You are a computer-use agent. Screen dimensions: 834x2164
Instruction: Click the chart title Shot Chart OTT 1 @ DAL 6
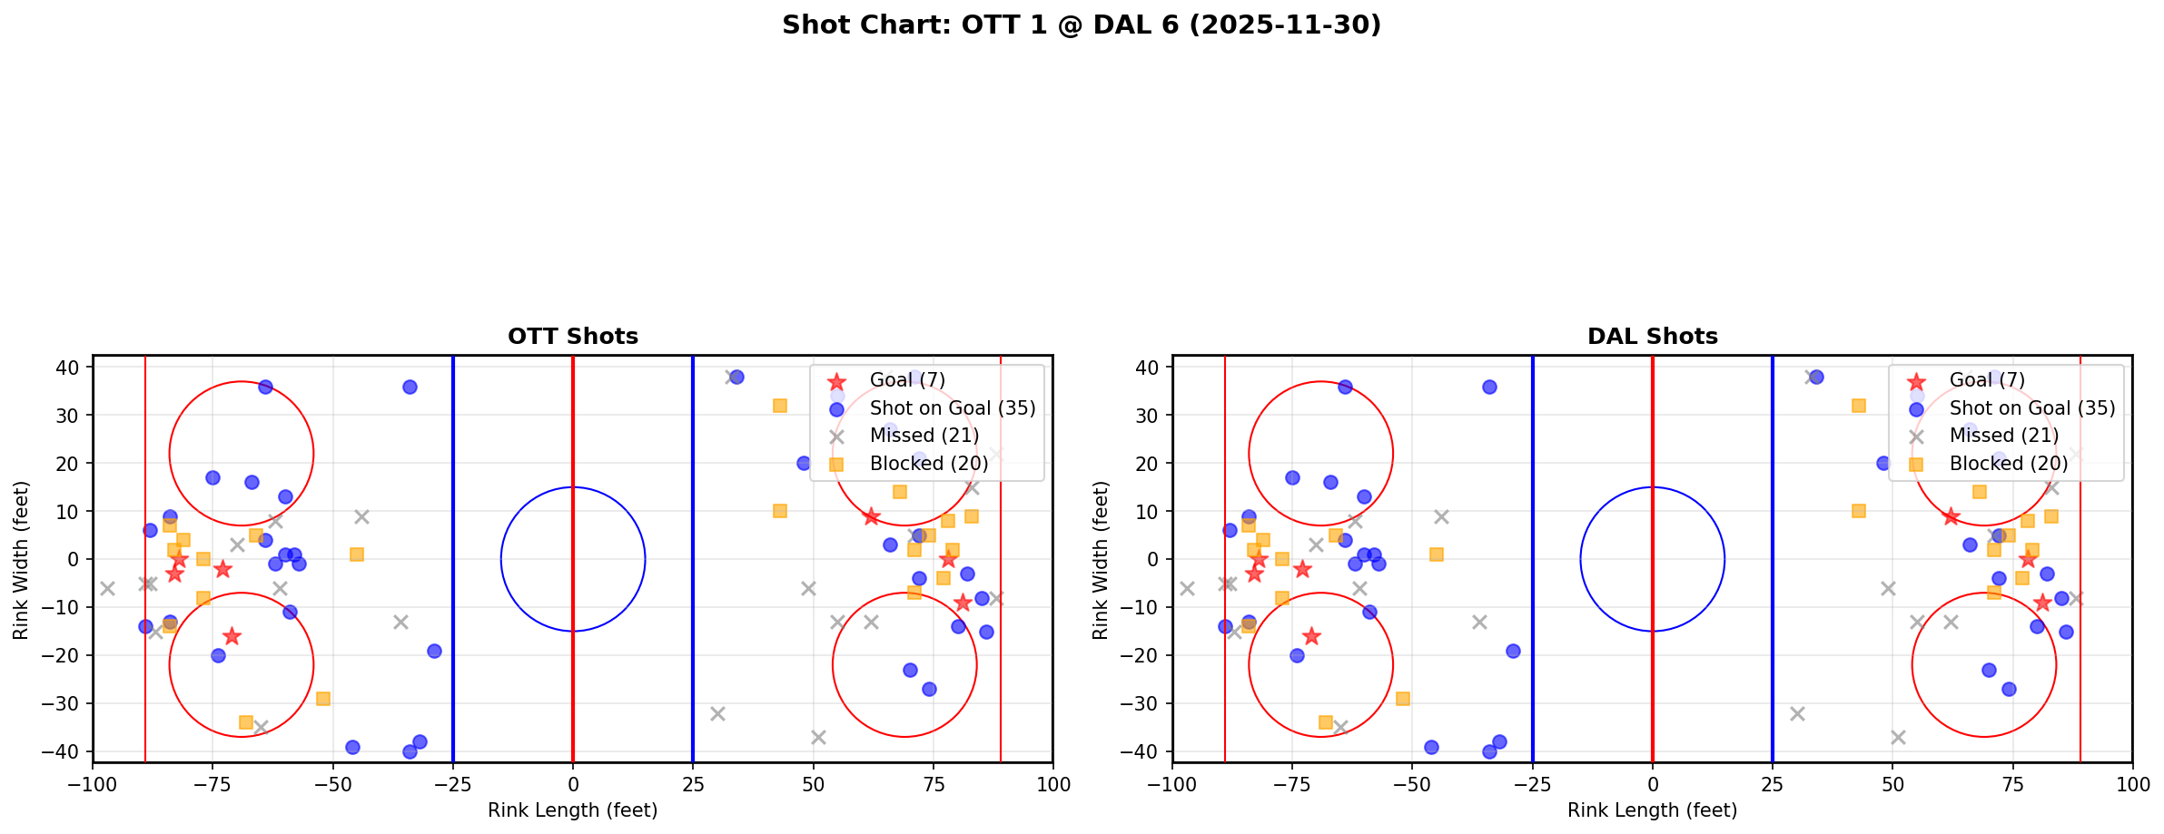click(1081, 25)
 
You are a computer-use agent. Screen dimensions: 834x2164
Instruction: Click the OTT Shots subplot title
click(572, 337)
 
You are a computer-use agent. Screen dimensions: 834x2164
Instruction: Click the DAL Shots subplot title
click(1652, 337)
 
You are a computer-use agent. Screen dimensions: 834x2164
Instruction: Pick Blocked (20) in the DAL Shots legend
click(2008, 464)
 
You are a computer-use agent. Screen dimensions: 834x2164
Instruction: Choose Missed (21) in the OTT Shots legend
click(924, 436)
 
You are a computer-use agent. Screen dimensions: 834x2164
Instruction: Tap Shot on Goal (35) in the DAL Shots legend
click(2031, 408)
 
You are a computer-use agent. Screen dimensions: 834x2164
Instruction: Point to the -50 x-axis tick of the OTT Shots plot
click(332, 783)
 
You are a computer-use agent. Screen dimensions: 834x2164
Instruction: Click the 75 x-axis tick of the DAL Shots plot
click(2012, 783)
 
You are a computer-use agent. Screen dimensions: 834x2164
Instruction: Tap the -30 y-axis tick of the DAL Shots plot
click(1147, 703)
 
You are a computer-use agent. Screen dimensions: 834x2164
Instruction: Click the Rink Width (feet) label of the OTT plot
click(21, 559)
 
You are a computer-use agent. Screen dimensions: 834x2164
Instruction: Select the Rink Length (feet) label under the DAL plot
click(1652, 810)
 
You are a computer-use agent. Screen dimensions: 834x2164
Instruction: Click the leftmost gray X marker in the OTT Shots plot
click(107, 588)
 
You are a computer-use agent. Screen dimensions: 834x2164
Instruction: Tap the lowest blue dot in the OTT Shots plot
click(410, 751)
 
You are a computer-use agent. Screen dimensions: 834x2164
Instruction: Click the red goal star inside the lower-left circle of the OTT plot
click(232, 636)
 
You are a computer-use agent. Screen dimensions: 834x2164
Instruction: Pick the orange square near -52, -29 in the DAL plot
click(1402, 699)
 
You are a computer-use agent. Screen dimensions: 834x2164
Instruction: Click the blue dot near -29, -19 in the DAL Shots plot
click(1513, 651)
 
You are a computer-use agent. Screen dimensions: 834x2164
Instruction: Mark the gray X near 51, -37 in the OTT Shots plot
click(818, 737)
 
